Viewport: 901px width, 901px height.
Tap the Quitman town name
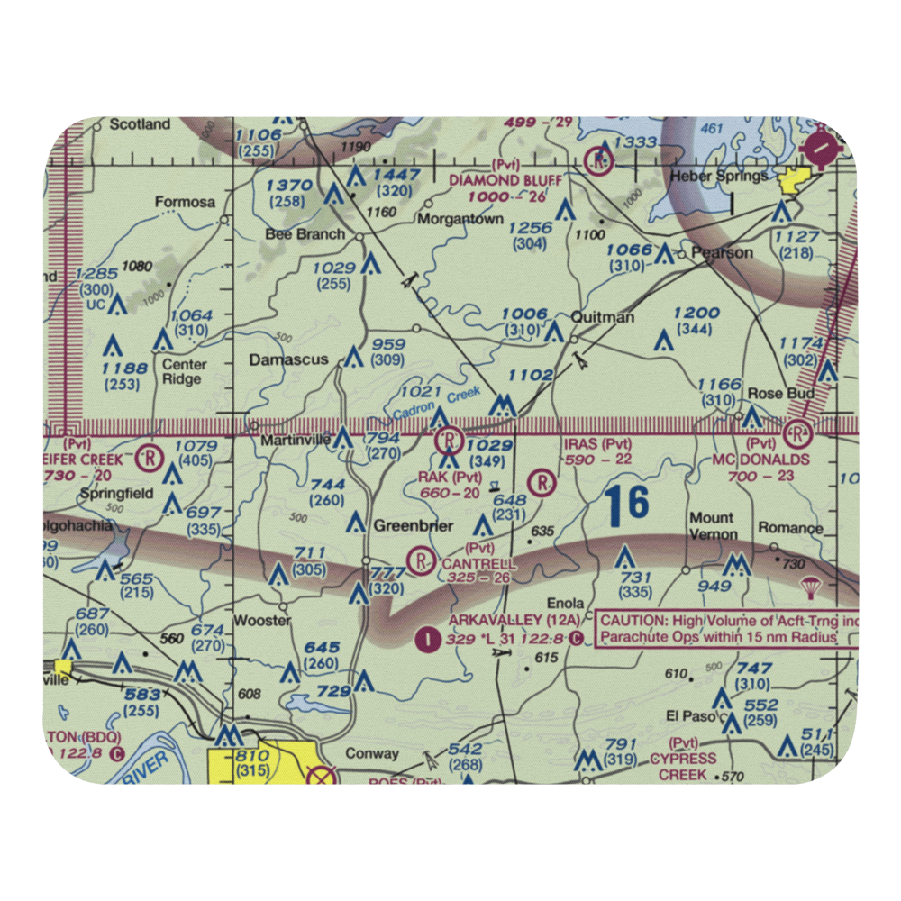[603, 317]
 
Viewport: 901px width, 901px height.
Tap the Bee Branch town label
[292, 234]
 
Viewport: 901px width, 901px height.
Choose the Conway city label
[372, 753]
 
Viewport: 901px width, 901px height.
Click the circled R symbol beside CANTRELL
[421, 561]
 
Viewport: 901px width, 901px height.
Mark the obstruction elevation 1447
[399, 174]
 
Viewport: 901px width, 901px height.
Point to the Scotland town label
[140, 124]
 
